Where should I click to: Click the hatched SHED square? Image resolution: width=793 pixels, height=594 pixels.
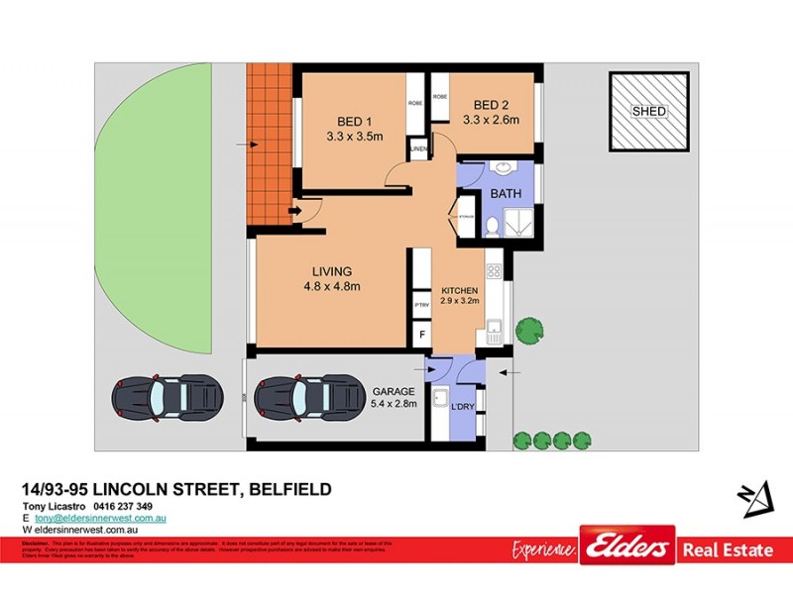point(649,111)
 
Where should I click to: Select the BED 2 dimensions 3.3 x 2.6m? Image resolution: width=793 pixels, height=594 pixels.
point(491,121)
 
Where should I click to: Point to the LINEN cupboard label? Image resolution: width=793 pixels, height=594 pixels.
point(417,148)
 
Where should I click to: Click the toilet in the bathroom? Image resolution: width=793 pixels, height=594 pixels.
point(491,226)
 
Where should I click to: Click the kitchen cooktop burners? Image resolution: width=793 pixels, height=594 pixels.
point(494,268)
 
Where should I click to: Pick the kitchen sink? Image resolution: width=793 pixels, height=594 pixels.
point(492,328)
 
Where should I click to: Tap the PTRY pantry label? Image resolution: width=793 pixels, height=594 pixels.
point(421,306)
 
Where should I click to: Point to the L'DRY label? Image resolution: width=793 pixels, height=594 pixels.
point(463,409)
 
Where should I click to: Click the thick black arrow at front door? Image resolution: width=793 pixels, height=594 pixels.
point(294,210)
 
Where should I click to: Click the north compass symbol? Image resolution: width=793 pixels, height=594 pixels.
point(756,496)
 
